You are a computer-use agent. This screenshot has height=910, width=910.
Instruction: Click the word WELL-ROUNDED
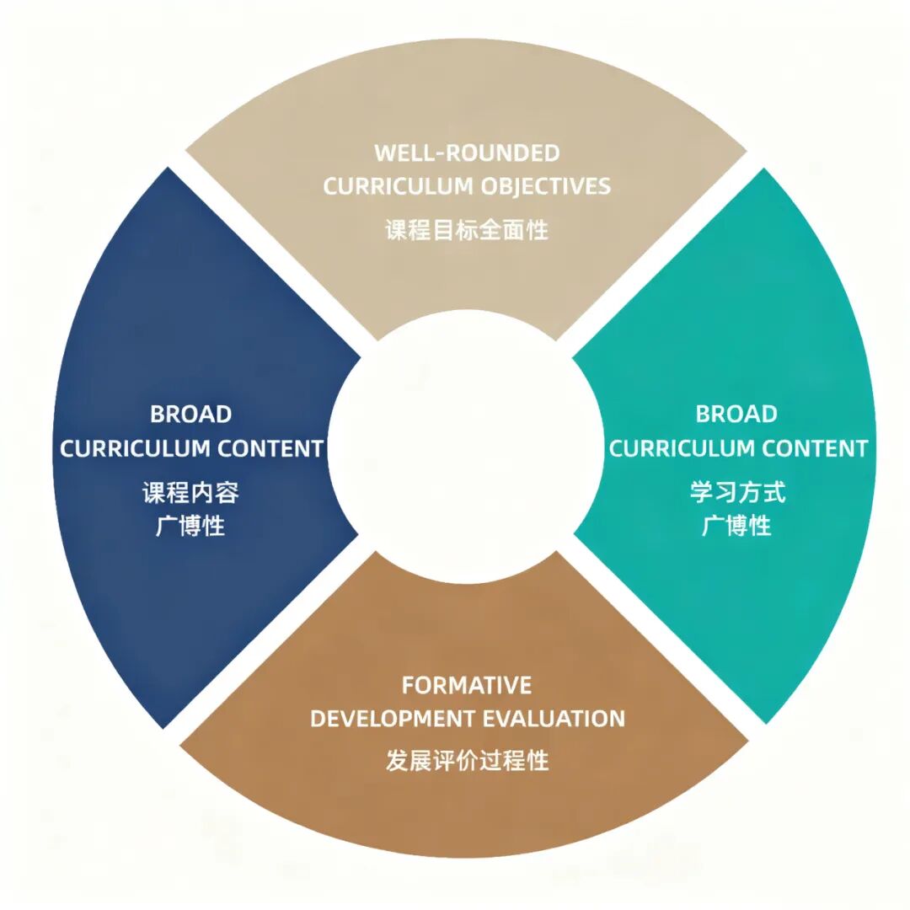[x=467, y=153]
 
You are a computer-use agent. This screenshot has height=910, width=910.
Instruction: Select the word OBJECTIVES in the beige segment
[x=547, y=186]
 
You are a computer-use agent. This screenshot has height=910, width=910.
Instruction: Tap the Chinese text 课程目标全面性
[x=467, y=229]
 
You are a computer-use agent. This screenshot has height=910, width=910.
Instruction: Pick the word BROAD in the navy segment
[x=190, y=414]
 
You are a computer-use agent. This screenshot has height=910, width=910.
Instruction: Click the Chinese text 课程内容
[x=190, y=492]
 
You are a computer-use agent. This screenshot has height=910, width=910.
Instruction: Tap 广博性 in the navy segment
[x=190, y=527]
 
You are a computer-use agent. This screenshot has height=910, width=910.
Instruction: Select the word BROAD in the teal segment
[x=736, y=414]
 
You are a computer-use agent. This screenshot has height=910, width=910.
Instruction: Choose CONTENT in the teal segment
[x=815, y=448]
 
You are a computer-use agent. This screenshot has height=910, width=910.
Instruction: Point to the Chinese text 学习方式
[x=736, y=492]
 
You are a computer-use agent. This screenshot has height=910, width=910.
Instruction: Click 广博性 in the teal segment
[x=736, y=527]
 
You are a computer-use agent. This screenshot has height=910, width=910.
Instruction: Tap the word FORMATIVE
[x=467, y=685]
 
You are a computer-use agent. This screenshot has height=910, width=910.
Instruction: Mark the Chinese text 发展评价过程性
[x=467, y=760]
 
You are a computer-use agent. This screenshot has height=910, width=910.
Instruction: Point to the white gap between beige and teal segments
[x=657, y=253]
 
